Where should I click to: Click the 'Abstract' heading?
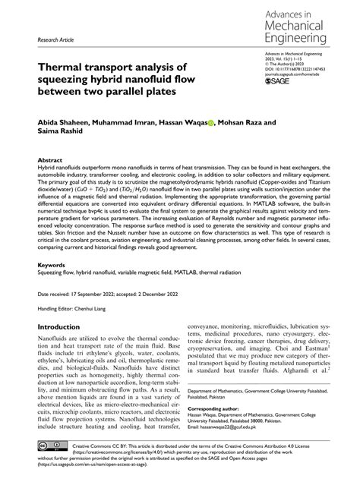50,161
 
